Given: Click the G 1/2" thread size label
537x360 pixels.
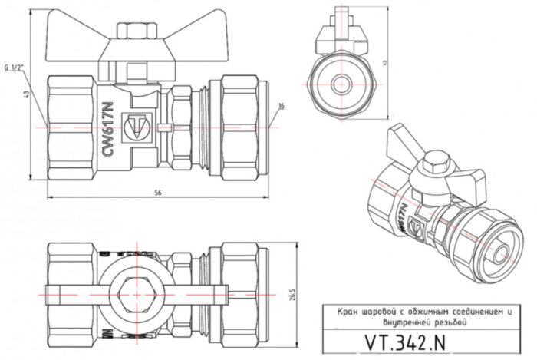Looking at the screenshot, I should [15, 68].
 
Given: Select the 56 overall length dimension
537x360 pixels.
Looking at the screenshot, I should [158, 191].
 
